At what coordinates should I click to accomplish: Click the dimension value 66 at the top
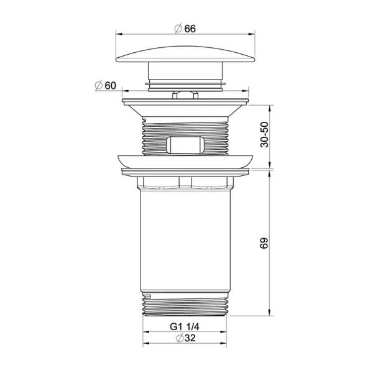point(190,29)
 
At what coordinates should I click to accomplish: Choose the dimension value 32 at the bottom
point(191,339)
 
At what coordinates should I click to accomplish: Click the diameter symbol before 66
point(178,29)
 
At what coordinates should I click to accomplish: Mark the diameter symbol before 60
point(98,85)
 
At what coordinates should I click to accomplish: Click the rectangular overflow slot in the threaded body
point(186,144)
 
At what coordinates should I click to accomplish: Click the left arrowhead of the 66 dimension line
point(119,35)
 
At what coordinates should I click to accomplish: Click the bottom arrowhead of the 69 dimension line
point(269,315)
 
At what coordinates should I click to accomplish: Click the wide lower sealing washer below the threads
point(186,160)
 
